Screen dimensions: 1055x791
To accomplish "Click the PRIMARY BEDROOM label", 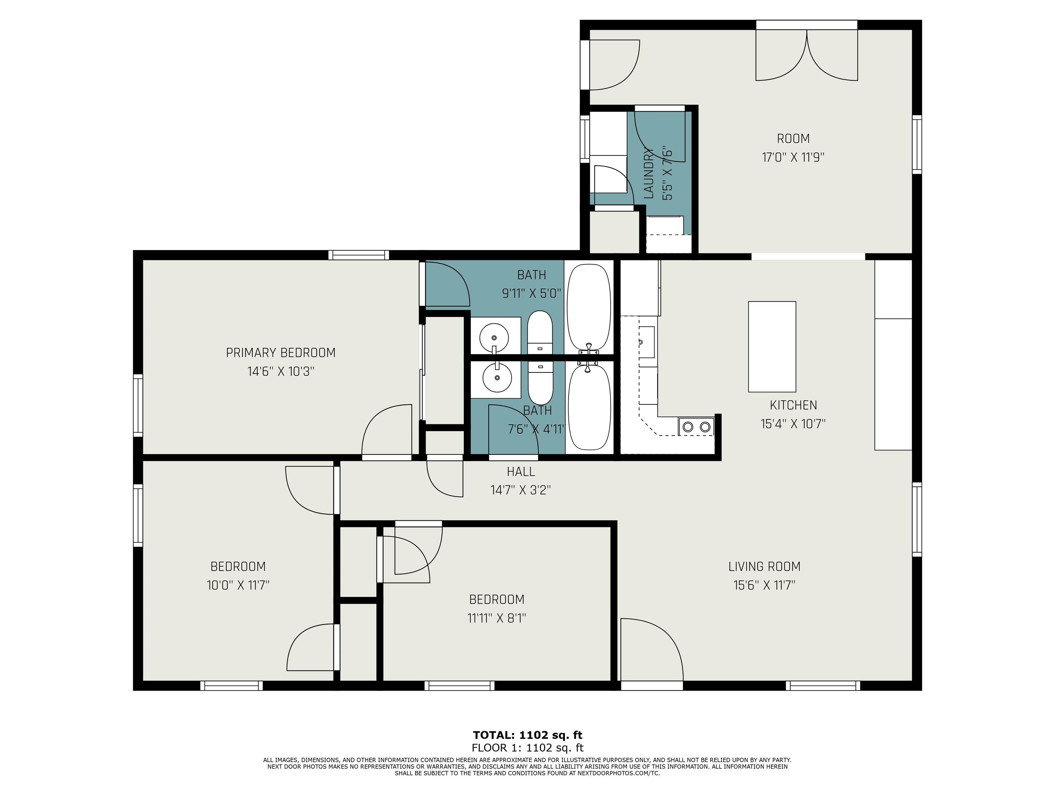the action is click(x=281, y=353).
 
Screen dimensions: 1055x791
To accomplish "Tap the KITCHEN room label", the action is click(x=793, y=405).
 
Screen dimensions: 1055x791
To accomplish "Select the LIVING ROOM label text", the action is click(x=764, y=566).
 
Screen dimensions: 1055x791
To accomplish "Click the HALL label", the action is click(x=521, y=472).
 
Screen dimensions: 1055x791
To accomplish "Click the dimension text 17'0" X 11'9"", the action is click(x=793, y=157).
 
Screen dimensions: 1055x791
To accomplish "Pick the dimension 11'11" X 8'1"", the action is click(x=497, y=618).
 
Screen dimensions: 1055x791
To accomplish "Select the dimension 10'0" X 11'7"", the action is click(x=238, y=585).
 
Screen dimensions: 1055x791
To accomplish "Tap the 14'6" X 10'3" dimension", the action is click(x=281, y=371).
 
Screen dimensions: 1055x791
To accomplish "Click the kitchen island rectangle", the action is click(x=772, y=347).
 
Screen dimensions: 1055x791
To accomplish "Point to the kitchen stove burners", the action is click(x=696, y=427).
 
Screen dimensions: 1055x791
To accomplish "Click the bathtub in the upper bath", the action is click(x=589, y=308).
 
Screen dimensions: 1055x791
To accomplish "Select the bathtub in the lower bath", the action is click(x=590, y=408).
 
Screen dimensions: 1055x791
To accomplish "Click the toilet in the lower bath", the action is click(x=540, y=383).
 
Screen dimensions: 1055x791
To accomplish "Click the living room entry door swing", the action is click(x=652, y=650).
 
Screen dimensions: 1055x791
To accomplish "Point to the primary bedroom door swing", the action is click(x=386, y=430).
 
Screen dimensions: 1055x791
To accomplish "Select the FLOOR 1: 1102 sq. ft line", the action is click(x=527, y=748).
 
